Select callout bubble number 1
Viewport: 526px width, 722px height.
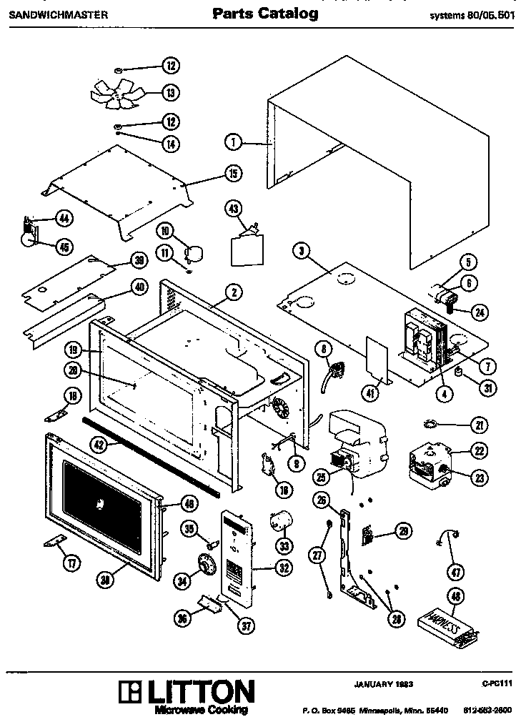[x=232, y=142]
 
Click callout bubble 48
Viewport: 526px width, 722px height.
[x=453, y=595]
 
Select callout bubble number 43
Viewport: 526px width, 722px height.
[x=234, y=209]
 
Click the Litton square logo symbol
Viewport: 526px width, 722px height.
[x=131, y=692]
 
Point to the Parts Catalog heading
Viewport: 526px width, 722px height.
[x=265, y=14]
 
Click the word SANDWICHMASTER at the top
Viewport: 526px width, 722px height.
[x=49, y=14]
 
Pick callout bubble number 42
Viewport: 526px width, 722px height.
[x=99, y=444]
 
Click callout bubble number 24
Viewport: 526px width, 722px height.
[x=479, y=312]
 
